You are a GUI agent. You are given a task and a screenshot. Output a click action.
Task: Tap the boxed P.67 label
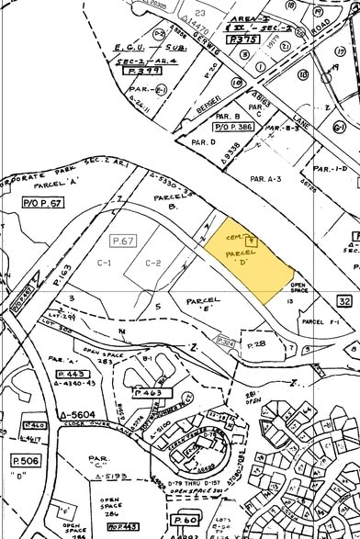(123, 241)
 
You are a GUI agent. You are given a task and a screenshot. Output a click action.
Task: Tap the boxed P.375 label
(216, 39)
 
